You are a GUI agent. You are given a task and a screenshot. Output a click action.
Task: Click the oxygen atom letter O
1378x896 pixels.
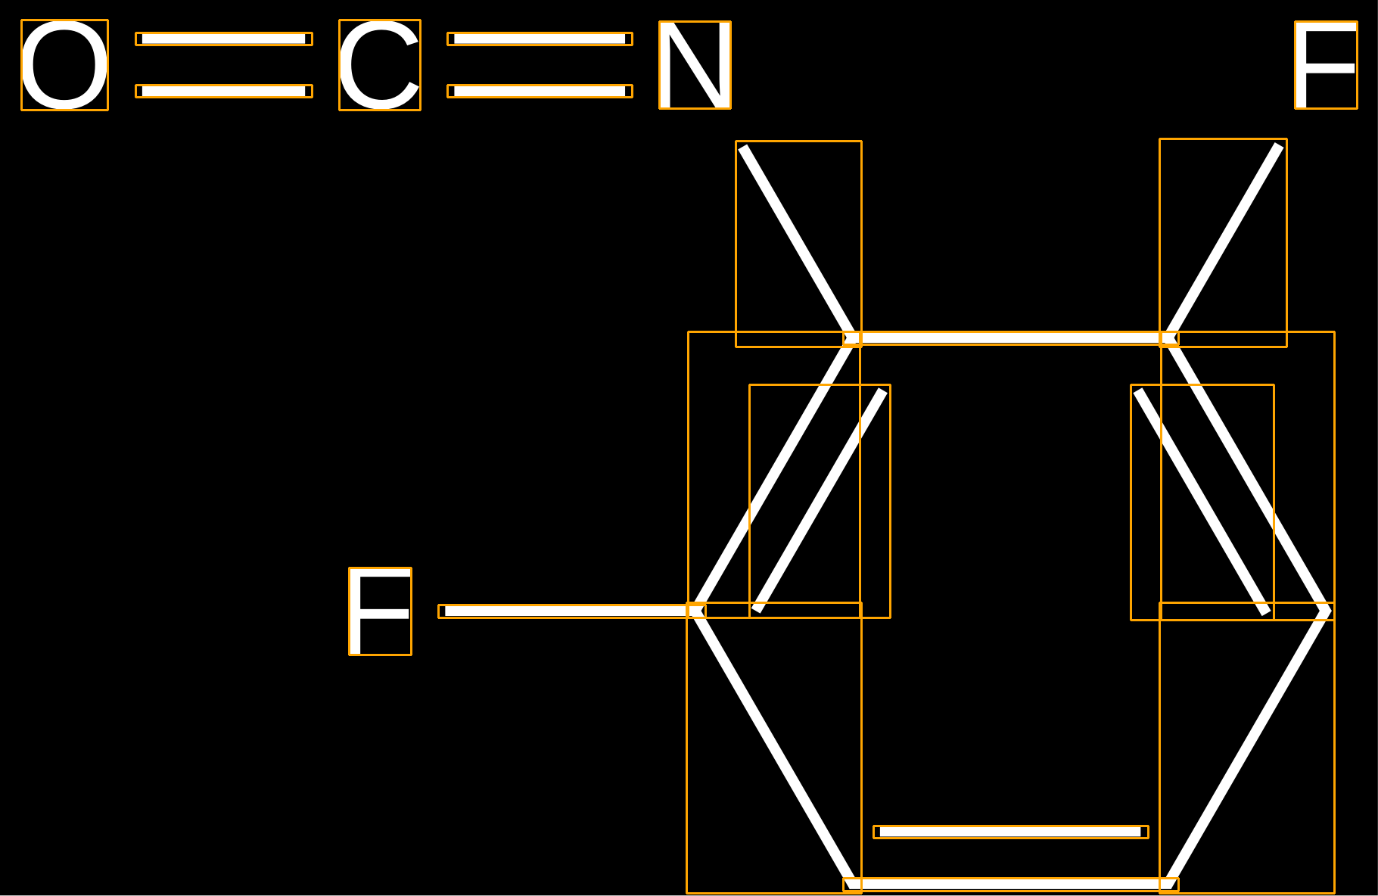(x=64, y=65)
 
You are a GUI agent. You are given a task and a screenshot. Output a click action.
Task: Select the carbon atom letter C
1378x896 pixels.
(x=380, y=65)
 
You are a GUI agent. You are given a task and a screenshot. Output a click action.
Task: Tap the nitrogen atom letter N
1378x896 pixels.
(x=695, y=65)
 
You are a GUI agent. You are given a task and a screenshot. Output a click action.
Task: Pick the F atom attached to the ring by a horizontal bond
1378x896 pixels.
(x=380, y=611)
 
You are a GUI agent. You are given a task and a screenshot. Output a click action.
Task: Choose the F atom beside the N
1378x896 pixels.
(x=1326, y=65)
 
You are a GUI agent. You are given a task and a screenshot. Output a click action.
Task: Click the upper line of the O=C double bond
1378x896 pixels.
(x=224, y=39)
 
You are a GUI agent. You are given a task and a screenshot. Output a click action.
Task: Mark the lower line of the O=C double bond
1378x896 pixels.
(x=224, y=91)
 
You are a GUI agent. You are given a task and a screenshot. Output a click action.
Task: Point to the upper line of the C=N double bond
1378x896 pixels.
(x=540, y=39)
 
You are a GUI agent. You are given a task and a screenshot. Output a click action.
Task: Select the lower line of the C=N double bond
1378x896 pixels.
(x=540, y=91)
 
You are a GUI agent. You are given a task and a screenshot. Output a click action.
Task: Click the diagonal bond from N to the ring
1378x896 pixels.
(x=798, y=244)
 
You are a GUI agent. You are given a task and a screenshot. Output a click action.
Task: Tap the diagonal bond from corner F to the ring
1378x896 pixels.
(x=1223, y=243)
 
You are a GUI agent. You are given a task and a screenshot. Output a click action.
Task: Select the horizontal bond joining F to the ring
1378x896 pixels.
(x=571, y=611)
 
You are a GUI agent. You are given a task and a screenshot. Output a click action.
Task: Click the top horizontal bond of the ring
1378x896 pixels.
(x=1010, y=338)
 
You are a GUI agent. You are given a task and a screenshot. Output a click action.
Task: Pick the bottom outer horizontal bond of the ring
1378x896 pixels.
(x=1010, y=884)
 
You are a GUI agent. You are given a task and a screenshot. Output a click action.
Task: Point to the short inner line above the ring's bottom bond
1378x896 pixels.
(x=1010, y=832)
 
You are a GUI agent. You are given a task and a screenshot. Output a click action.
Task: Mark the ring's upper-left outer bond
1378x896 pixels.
(x=774, y=474)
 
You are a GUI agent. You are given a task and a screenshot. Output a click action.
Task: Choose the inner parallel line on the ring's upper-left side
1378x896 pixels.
(x=820, y=501)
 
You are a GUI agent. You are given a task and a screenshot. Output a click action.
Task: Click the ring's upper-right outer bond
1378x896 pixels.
(x=1247, y=474)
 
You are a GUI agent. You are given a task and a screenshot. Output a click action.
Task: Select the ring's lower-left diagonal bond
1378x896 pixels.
(x=774, y=748)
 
